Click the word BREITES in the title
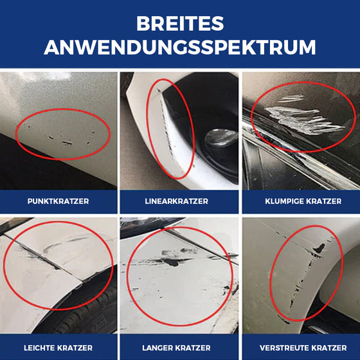click(180, 24)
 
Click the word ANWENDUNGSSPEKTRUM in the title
click(180, 48)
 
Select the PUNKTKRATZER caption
click(59, 201)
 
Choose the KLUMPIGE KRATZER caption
click(303, 201)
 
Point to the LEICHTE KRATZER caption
click(59, 347)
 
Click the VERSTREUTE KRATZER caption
click(303, 347)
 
